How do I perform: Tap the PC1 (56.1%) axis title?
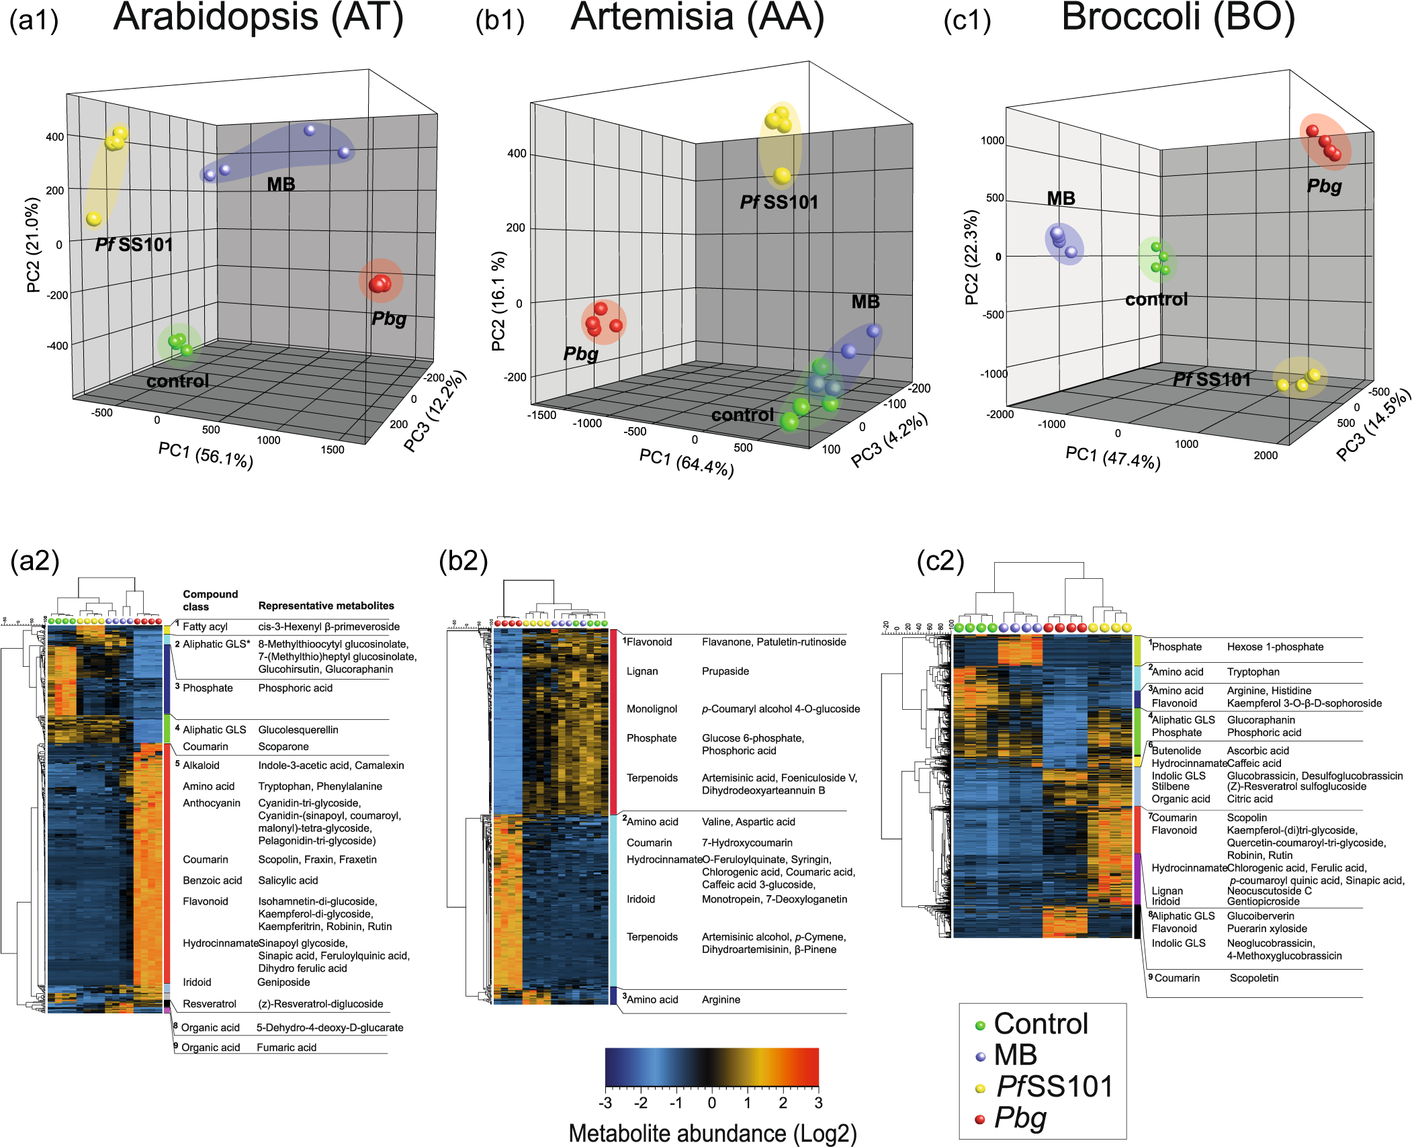click(x=206, y=455)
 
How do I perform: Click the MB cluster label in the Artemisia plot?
click(x=865, y=302)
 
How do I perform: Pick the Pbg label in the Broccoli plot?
click(x=1324, y=186)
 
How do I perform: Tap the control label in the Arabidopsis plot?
click(x=178, y=381)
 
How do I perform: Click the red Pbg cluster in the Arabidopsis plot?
click(x=380, y=283)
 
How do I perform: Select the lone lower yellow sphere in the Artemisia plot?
click(x=782, y=176)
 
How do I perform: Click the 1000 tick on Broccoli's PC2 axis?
click(x=992, y=140)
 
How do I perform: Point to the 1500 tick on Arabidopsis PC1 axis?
click(x=332, y=449)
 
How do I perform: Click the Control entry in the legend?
click(x=1041, y=1024)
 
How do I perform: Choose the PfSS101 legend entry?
click(x=1054, y=1086)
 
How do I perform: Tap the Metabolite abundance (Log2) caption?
click(x=713, y=1133)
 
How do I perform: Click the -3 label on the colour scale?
click(x=605, y=1103)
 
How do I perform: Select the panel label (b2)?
click(x=464, y=560)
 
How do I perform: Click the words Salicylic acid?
click(x=288, y=880)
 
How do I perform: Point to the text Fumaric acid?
click(x=286, y=1048)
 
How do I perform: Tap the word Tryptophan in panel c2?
click(x=1253, y=672)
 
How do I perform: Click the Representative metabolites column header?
click(x=326, y=606)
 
